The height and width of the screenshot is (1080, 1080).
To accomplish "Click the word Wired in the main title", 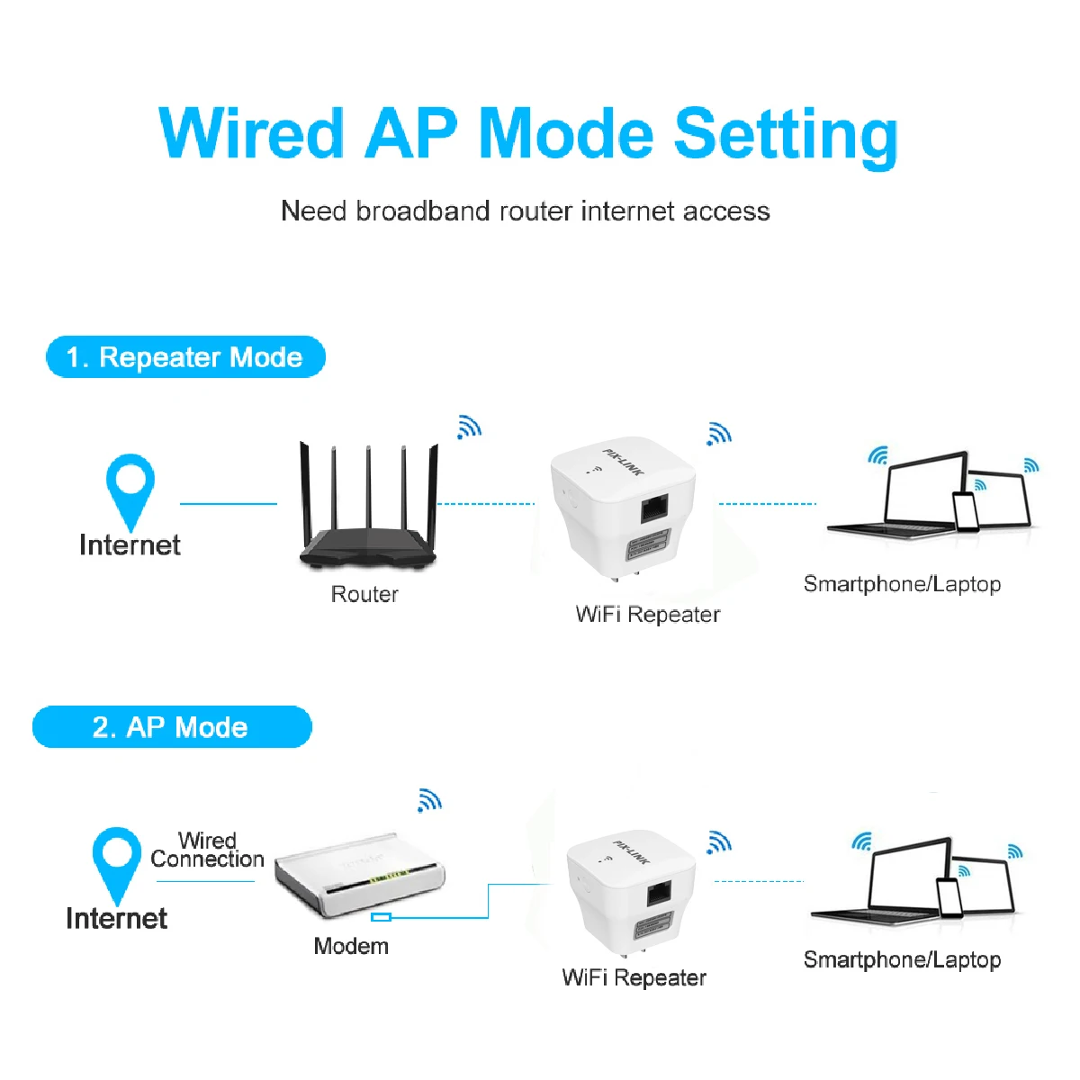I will (251, 134).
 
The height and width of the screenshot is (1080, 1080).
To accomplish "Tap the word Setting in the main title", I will (786, 136).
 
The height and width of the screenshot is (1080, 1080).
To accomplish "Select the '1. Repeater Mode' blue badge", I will (185, 357).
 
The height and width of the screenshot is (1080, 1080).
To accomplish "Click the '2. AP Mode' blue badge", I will (172, 727).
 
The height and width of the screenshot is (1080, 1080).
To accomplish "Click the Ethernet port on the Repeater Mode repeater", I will (653, 509).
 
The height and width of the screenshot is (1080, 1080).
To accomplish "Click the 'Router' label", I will (364, 594).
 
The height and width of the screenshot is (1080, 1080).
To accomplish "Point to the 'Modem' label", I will (351, 946).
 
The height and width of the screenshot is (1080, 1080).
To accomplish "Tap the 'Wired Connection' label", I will (207, 850).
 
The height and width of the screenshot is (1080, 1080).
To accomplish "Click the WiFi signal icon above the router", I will (469, 427).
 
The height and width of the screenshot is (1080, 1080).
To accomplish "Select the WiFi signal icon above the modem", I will (429, 799).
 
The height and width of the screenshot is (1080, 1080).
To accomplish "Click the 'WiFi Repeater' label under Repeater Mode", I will (648, 615).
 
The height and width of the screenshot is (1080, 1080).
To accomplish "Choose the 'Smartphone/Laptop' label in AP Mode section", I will (902, 959).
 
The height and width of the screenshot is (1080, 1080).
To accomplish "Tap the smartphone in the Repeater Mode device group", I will (966, 511).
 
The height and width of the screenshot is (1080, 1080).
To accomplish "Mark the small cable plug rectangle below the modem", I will (382, 917).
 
